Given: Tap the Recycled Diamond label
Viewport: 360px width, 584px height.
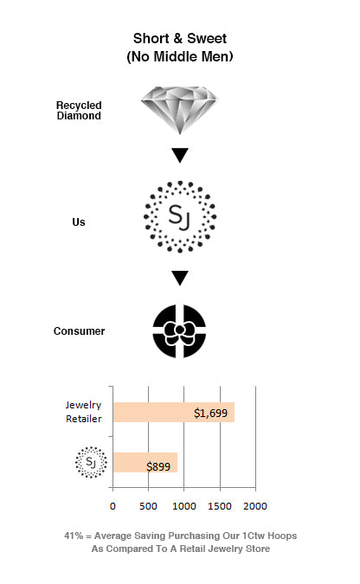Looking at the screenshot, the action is coord(79,111).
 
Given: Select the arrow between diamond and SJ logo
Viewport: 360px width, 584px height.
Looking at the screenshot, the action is coord(180,156).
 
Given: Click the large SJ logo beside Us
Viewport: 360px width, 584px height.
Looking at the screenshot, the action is coord(180,217).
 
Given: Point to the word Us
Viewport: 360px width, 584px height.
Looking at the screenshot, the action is coord(79,222).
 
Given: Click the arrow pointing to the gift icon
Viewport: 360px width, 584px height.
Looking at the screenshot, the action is coord(180,278).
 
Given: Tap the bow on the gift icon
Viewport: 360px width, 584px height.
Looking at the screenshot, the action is coord(179,331).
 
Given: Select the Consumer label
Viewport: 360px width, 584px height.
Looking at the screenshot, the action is coord(79,331).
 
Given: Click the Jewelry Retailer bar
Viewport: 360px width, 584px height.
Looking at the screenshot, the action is coord(174,413).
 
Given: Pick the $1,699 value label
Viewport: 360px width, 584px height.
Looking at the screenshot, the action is coord(210,413).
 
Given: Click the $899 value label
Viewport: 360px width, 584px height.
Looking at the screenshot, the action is coord(158,466).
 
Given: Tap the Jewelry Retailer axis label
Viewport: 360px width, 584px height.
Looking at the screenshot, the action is coord(83,412).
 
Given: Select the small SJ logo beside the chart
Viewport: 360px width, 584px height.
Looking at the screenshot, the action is coord(91,462).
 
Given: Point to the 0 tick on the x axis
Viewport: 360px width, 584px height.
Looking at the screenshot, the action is coord(112,506).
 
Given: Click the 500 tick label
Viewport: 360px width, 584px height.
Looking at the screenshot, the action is coord(148,506).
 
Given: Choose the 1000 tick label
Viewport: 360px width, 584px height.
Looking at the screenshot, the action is coord(184,506).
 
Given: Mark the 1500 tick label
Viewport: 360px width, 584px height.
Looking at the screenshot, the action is coord(220,506).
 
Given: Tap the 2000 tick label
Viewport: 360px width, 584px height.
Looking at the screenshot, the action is coord(255,506).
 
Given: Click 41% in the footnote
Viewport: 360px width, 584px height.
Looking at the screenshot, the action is coord(74,536).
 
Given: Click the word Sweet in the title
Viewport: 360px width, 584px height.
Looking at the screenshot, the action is coord(207,38).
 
